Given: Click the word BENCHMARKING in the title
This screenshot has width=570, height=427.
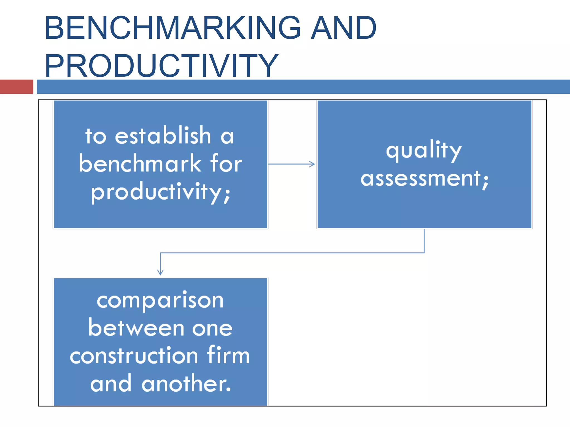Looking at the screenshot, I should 173,28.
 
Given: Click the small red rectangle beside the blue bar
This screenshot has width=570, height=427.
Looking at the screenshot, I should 16,86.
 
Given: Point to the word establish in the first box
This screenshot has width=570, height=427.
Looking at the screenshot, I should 163,135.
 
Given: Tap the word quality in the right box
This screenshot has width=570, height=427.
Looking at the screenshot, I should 424,150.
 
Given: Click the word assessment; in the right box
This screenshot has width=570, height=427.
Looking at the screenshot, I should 424,178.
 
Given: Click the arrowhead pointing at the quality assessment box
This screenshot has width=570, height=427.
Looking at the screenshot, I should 312,164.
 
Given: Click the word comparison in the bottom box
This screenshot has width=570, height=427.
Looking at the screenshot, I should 160,301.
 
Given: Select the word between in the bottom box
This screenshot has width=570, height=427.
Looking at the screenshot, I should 136,328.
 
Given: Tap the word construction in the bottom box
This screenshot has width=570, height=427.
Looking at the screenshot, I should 134,356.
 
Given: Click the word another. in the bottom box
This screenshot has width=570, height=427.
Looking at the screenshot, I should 186,384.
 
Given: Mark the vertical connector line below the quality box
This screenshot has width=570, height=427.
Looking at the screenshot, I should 424,241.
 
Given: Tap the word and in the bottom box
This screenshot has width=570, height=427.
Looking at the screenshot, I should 111,384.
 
